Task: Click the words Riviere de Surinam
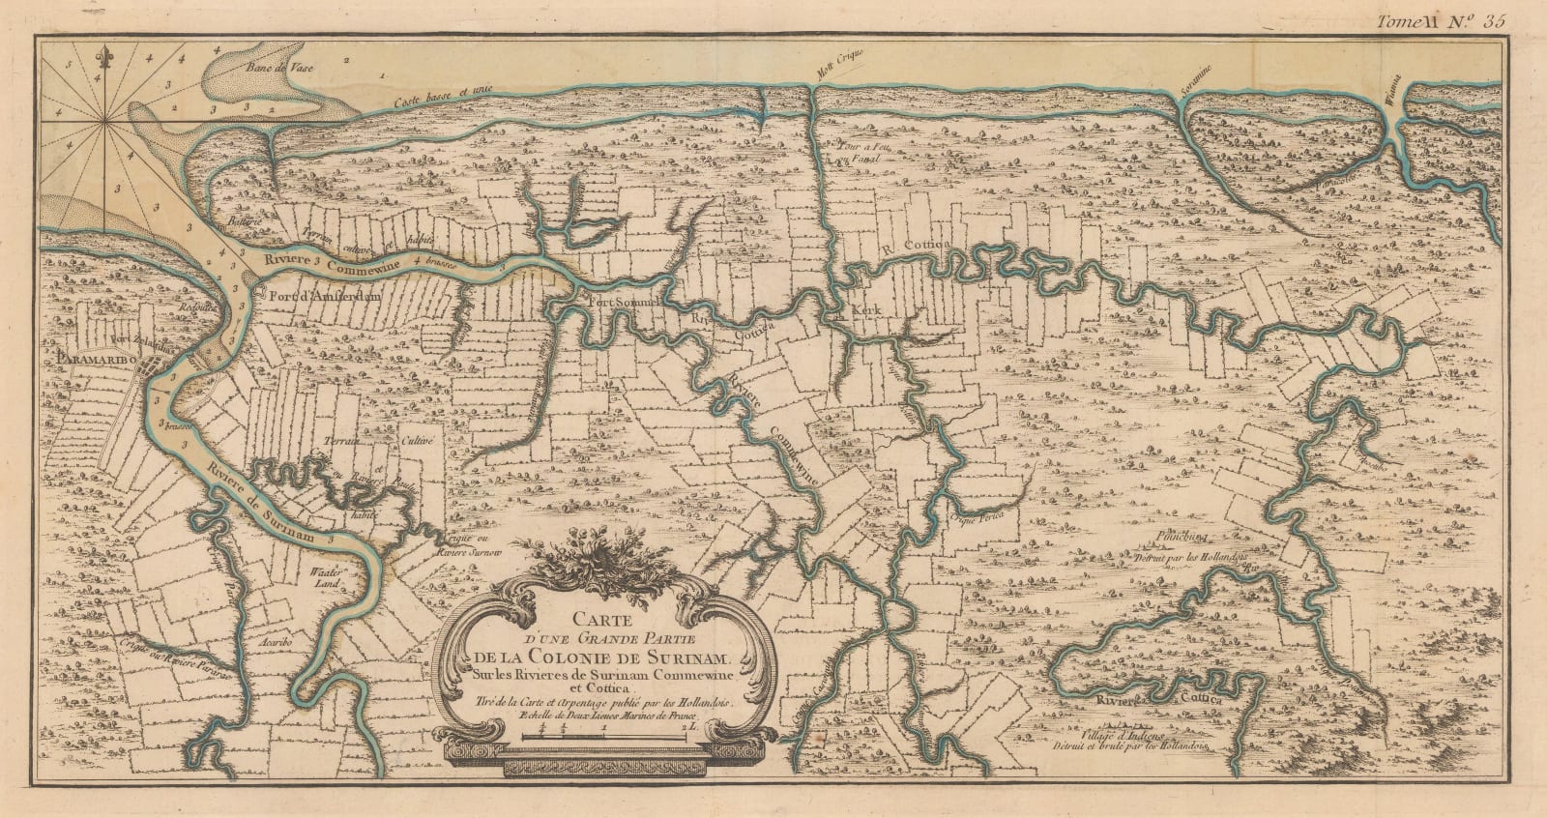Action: (x=274, y=503)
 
